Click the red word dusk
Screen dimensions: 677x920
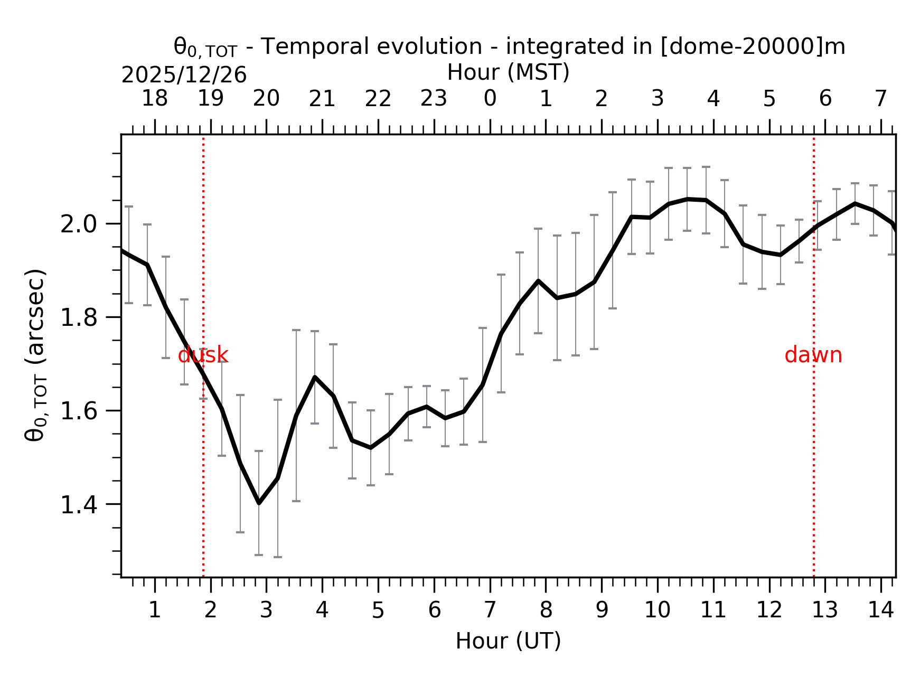click(x=203, y=355)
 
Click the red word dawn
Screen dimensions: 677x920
click(x=813, y=355)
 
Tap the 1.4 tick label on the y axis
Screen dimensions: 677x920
click(x=79, y=505)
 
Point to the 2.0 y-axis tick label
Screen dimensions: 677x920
click(x=79, y=225)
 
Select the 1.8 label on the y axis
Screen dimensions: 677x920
click(x=79, y=318)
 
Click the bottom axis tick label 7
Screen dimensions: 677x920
click(x=490, y=610)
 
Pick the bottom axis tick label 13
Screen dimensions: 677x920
click(x=824, y=610)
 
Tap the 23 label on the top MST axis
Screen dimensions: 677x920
click(x=434, y=99)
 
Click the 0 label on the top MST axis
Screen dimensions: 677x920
click(x=490, y=99)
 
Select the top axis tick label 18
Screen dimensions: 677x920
click(x=154, y=99)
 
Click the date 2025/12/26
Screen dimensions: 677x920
click(x=184, y=76)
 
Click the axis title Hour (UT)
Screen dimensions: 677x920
click(x=508, y=641)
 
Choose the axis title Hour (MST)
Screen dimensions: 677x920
click(x=508, y=72)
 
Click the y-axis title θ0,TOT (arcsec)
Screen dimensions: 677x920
click(x=36, y=355)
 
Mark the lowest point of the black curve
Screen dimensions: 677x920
click(x=259, y=503)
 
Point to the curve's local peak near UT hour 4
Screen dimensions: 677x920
click(x=315, y=377)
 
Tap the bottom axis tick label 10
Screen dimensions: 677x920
click(x=657, y=610)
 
